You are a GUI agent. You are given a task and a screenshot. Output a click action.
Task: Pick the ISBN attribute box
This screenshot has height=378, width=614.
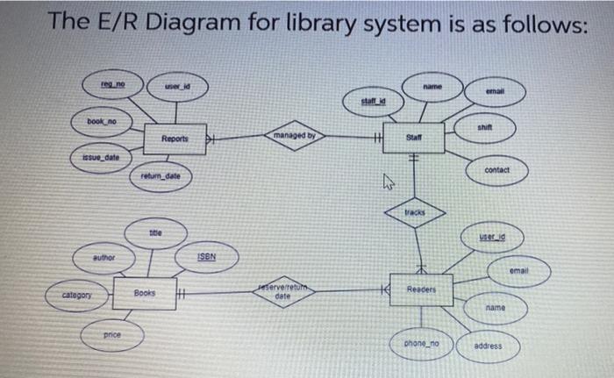click(206, 257)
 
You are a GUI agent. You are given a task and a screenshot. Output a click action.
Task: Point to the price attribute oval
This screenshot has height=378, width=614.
click(112, 334)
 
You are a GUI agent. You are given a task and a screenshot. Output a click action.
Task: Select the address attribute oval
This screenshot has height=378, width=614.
click(488, 346)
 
